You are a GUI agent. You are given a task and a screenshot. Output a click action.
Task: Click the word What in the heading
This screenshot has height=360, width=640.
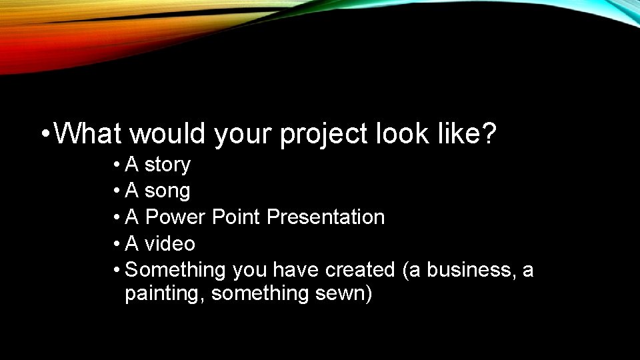(87, 134)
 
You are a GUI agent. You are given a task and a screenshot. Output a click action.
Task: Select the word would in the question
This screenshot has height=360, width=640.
(169, 134)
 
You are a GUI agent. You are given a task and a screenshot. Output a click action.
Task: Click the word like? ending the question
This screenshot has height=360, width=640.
(469, 134)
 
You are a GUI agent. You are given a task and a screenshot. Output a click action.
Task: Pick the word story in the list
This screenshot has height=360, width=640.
(167, 165)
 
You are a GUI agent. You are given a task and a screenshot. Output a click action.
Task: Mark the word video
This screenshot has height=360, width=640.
(170, 244)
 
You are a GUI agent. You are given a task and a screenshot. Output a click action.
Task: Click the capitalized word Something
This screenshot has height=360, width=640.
(176, 271)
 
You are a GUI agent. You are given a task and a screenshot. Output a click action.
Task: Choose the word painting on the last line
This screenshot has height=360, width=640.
(164, 294)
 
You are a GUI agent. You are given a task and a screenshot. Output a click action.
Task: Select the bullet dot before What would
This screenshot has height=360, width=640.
(44, 135)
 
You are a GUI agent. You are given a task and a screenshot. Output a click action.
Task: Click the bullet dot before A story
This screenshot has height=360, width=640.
(116, 165)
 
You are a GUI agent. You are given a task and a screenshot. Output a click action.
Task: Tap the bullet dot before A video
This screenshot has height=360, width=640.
(116, 244)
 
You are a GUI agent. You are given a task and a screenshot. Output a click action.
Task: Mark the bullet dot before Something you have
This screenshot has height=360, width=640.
(116, 270)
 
